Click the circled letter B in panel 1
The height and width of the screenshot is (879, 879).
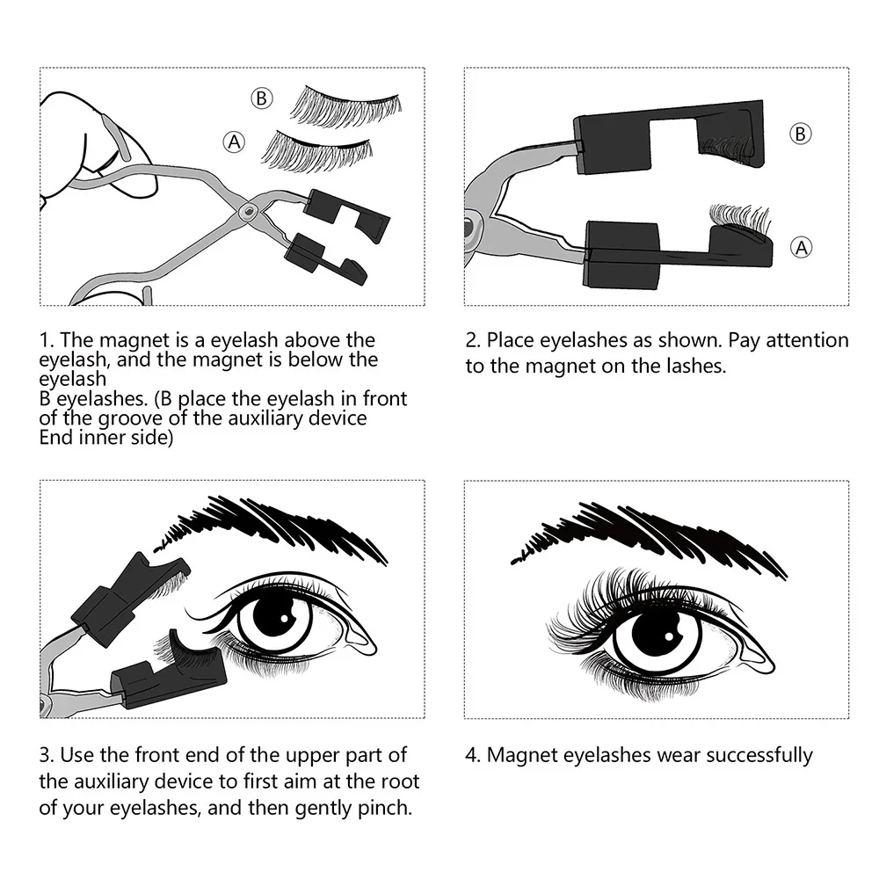[x=261, y=98]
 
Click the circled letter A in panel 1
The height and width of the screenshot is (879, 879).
[x=234, y=141]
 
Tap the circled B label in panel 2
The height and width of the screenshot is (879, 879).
[x=800, y=134]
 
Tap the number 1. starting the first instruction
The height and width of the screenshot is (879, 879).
[x=47, y=340]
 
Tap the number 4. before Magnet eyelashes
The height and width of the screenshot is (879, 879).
[x=472, y=754]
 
